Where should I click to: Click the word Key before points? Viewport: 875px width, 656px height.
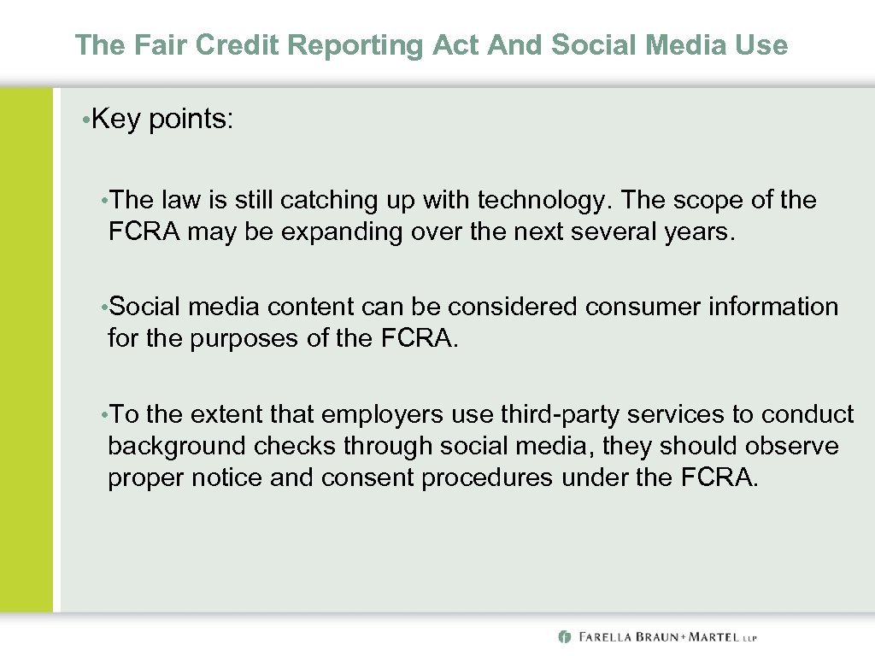coord(116,120)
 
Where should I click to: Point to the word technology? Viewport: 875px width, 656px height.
coord(544,200)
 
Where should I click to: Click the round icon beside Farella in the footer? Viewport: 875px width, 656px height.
coord(564,636)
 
